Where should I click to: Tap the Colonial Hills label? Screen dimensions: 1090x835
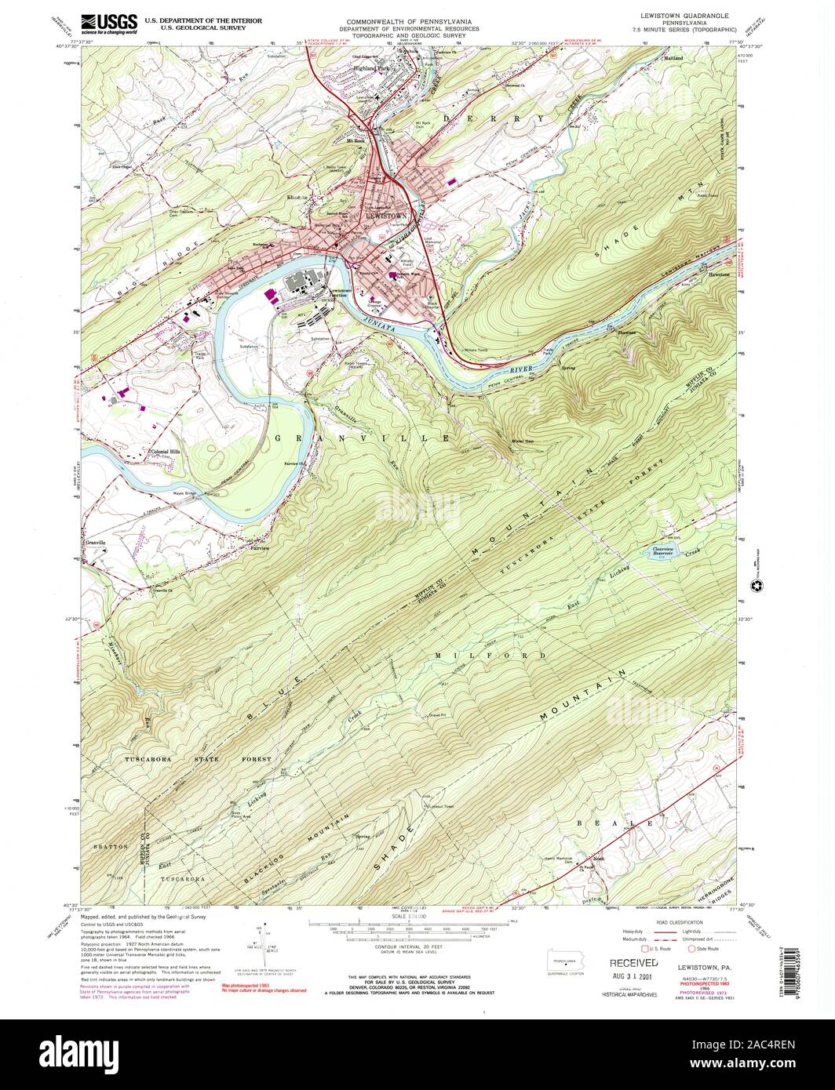click(x=166, y=452)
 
